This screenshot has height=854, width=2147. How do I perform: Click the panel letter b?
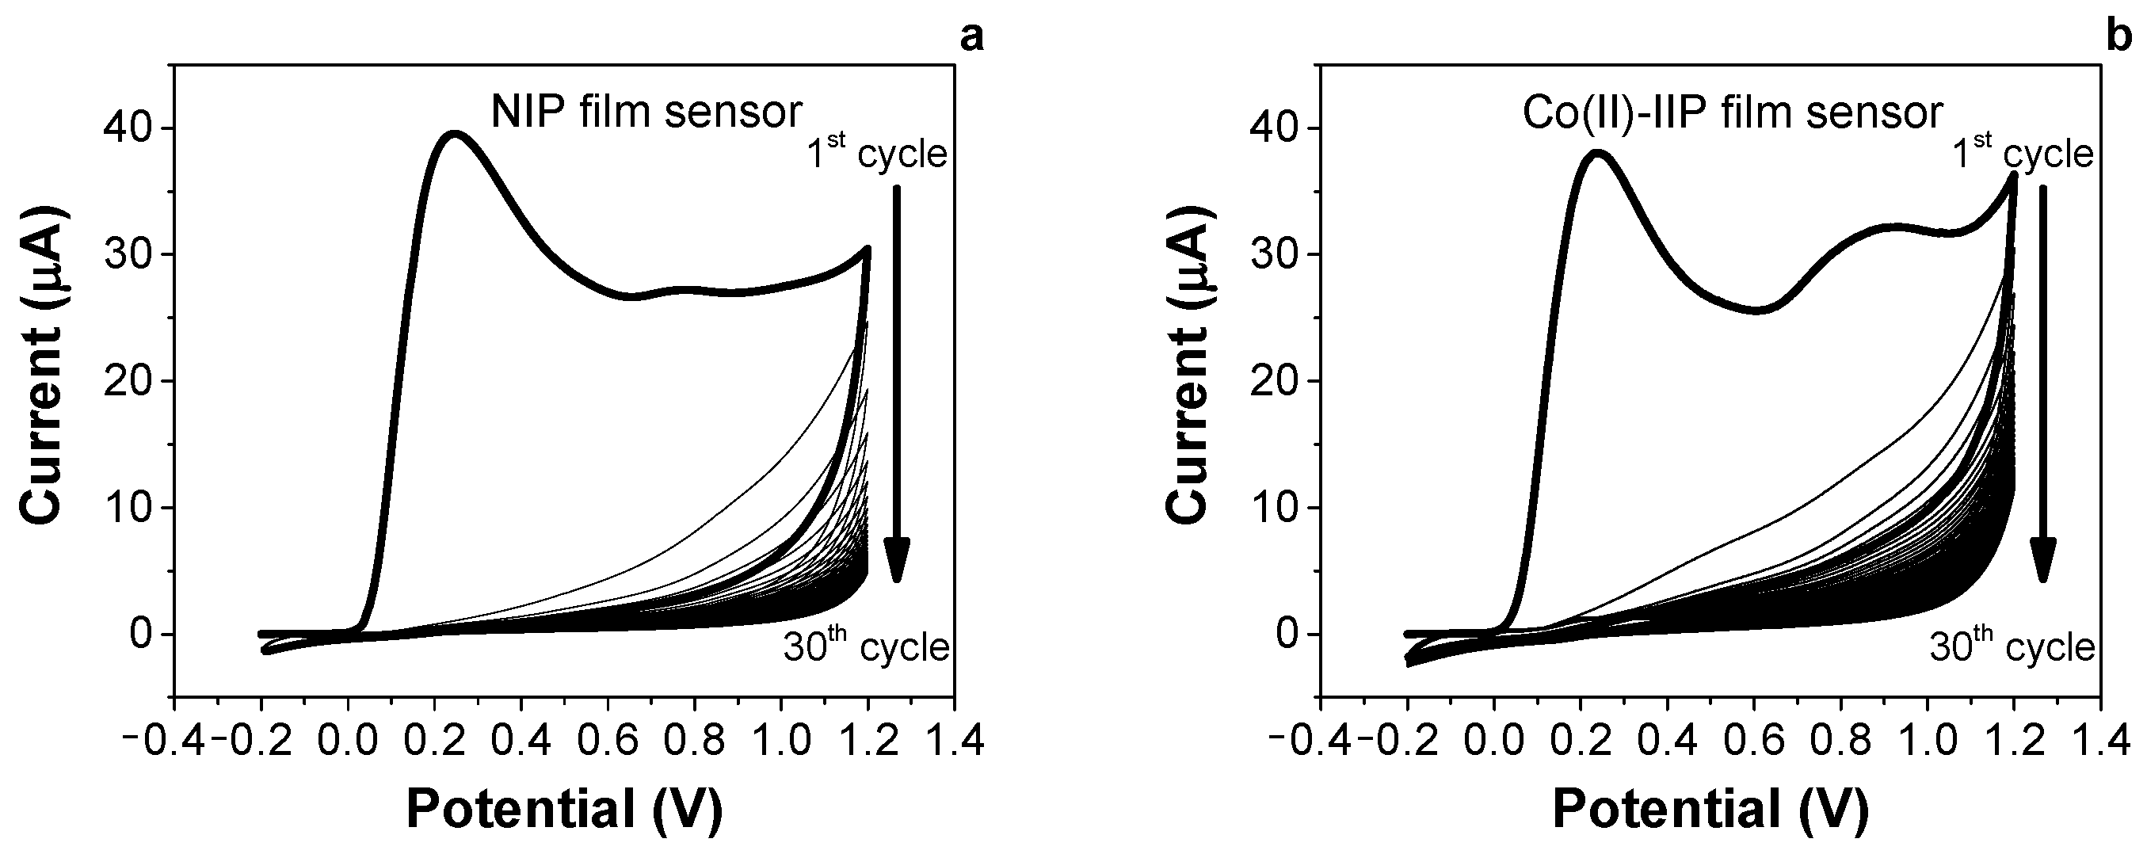2130,37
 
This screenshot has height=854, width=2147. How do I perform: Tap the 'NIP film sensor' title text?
646,112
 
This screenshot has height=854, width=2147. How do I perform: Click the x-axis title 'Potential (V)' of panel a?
564,808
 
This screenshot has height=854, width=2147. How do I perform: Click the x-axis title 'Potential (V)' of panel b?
1710,808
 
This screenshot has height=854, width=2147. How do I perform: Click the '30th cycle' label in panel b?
2012,646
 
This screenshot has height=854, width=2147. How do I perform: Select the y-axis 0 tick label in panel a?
142,635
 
